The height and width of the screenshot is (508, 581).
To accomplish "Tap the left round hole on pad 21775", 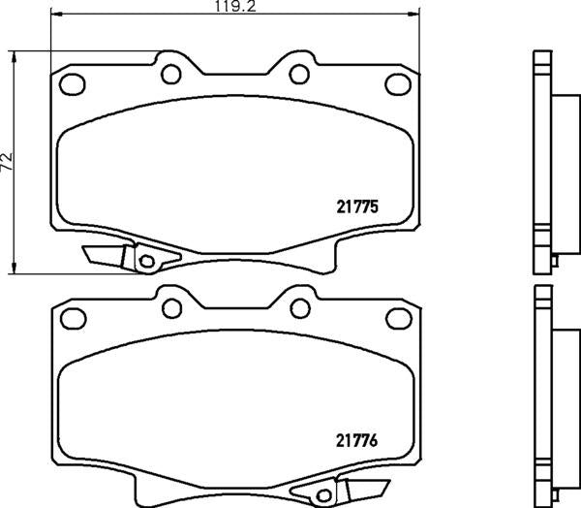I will pyautogui.click(x=172, y=73).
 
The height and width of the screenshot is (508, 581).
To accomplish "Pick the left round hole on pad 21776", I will pyautogui.click(x=172, y=307).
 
